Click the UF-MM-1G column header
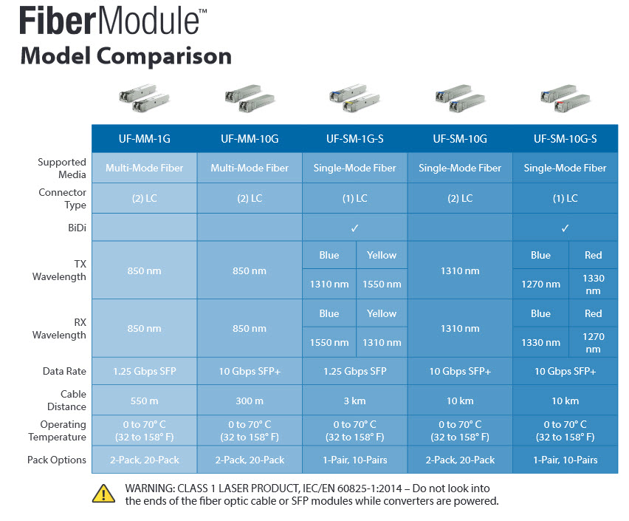click(144, 138)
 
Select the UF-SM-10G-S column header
click(565, 138)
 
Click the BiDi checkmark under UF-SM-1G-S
click(355, 228)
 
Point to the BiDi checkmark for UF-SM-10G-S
click(565, 228)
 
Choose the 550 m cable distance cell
click(144, 401)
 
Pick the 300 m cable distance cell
click(250, 401)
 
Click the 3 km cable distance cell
click(355, 401)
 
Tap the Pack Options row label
click(57, 460)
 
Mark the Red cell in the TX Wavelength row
click(593, 255)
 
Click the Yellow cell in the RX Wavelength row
click(382, 313)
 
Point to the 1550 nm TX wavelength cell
click(382, 284)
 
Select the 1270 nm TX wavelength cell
click(540, 284)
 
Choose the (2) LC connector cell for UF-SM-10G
click(460, 198)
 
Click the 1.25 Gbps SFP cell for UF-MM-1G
click(144, 371)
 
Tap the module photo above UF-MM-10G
click(250, 101)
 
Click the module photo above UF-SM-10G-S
click(565, 101)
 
